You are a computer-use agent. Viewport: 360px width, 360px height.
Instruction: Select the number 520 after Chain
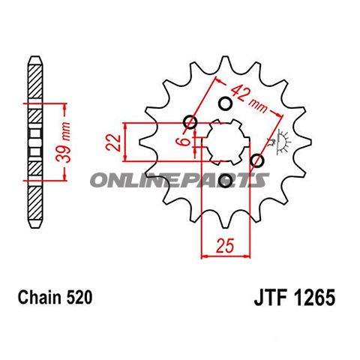point(80,298)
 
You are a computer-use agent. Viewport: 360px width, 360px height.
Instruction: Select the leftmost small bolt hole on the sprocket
point(189,122)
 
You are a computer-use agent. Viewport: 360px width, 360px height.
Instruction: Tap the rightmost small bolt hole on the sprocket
point(256,160)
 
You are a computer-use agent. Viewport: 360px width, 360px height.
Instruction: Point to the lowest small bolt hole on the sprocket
point(226,180)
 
